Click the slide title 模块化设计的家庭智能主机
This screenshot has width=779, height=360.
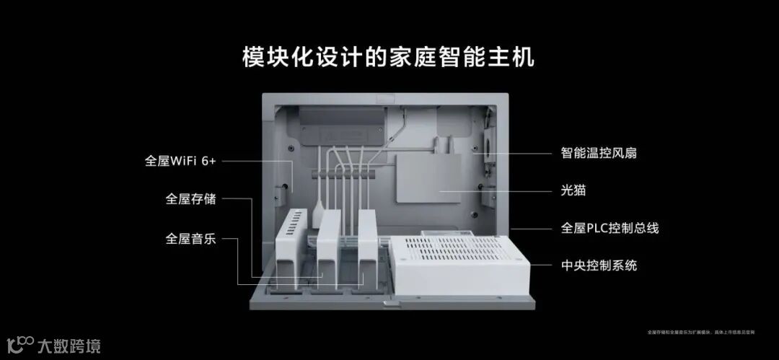point(388,57)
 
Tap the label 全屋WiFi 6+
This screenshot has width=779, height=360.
point(180,161)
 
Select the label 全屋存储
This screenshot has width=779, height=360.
point(190,198)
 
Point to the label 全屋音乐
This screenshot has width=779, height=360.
point(190,238)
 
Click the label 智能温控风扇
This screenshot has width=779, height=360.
point(599,153)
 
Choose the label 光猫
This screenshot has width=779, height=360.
point(575,190)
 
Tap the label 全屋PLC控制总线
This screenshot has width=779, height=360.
point(609,228)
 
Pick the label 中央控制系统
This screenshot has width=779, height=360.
point(599,265)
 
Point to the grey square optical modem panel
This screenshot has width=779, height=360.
point(428,177)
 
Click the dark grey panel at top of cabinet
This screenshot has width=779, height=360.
point(340,126)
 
